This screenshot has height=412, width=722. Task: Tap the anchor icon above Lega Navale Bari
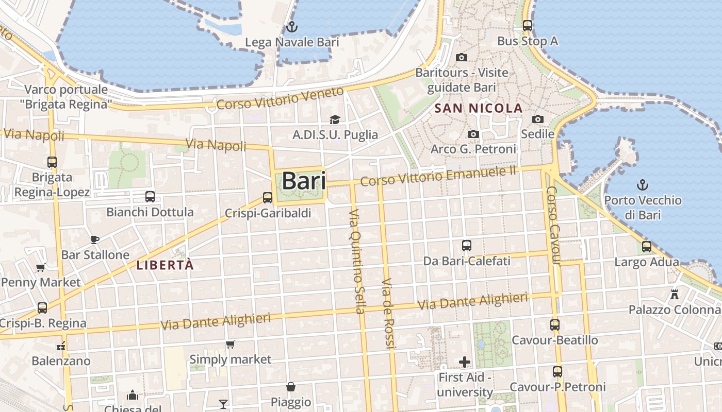click(x=292, y=26)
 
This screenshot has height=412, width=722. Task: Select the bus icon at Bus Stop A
click(x=527, y=25)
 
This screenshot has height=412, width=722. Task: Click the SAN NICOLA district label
click(x=479, y=109)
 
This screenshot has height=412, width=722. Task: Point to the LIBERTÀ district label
click(x=165, y=265)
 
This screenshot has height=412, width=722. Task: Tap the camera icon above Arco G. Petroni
click(x=473, y=134)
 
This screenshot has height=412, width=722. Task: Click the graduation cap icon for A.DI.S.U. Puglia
click(x=335, y=119)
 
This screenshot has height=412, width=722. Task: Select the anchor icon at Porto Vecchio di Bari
click(x=643, y=185)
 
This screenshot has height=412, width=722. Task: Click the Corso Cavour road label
click(x=552, y=226)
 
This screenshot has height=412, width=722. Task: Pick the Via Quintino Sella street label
click(x=357, y=261)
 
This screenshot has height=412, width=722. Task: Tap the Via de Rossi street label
click(x=388, y=314)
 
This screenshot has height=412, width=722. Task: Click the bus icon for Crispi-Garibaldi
click(x=267, y=197)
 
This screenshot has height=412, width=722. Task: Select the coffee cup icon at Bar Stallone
click(x=94, y=239)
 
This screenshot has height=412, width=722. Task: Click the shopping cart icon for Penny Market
click(x=41, y=267)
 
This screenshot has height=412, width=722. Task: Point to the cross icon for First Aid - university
click(x=465, y=362)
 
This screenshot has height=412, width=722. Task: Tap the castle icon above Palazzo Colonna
click(x=674, y=295)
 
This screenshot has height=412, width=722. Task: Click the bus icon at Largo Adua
click(x=646, y=247)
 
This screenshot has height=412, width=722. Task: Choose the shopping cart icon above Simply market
click(x=230, y=344)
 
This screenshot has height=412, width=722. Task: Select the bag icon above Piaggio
click(x=291, y=387)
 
